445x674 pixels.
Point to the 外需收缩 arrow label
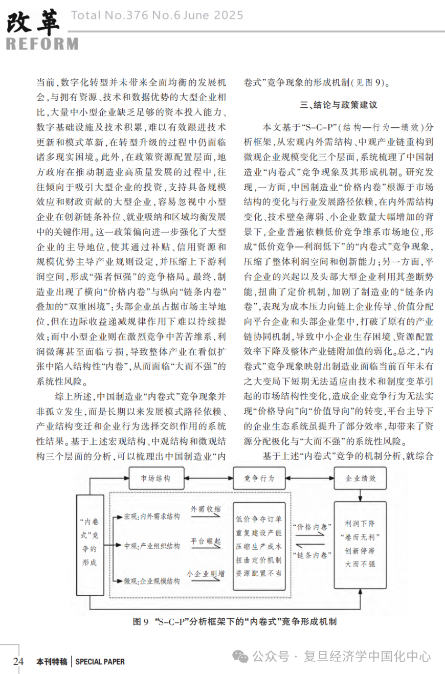207,510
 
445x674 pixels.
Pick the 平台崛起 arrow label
206,541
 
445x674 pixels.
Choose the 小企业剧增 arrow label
207,573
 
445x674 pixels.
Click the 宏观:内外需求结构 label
152,516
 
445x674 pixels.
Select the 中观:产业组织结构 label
152,547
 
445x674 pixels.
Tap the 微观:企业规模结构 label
152,581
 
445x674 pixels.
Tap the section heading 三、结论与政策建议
338,105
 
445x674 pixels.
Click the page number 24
18,661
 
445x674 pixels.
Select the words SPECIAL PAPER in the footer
100,662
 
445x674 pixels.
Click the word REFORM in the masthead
42,43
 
